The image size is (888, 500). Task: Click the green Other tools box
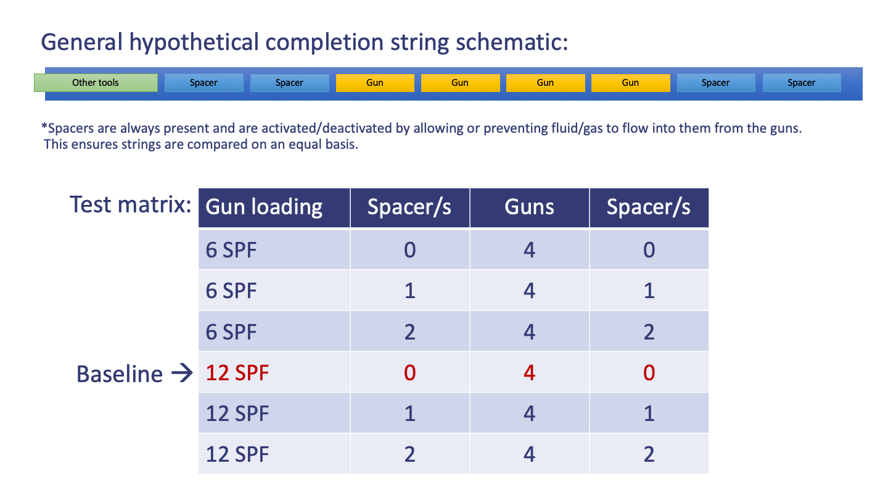coord(96,83)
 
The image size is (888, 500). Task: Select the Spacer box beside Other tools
coord(203,83)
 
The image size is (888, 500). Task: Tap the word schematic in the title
coord(512,42)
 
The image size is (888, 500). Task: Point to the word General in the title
coord(81,42)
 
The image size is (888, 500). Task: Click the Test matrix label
coord(131,204)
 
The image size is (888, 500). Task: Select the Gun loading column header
coord(264,207)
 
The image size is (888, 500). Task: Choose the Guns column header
coord(529,207)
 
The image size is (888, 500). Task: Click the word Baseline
coord(120,374)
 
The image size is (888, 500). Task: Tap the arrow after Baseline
coord(182,373)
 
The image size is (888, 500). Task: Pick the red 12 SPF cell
coord(237,373)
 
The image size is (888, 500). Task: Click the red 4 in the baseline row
coord(529,373)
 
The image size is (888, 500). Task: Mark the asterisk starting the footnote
coord(44,127)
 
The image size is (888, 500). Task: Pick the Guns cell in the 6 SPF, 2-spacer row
coord(529,331)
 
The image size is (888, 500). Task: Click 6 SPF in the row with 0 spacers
coord(231,250)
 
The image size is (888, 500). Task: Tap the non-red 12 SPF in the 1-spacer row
coord(237,414)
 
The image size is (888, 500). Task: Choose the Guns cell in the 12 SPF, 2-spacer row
coord(529,454)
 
